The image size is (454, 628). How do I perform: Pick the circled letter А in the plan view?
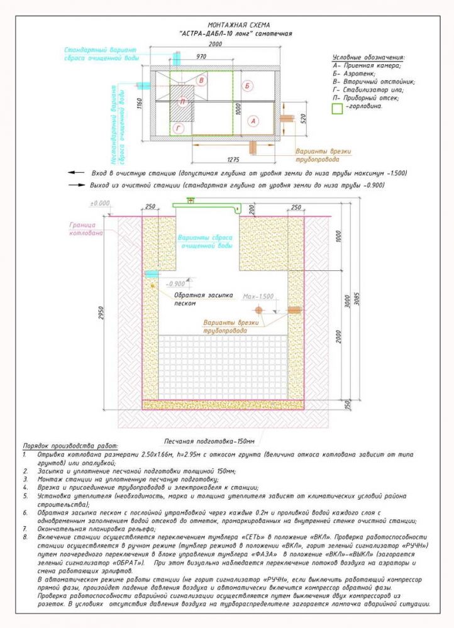[x=253, y=120]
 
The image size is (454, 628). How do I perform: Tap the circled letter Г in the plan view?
[x=178, y=128]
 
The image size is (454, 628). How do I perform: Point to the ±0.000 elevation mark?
[x=99, y=203]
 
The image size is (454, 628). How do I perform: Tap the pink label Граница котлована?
[x=82, y=229]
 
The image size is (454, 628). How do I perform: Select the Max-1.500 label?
[x=257, y=296]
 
